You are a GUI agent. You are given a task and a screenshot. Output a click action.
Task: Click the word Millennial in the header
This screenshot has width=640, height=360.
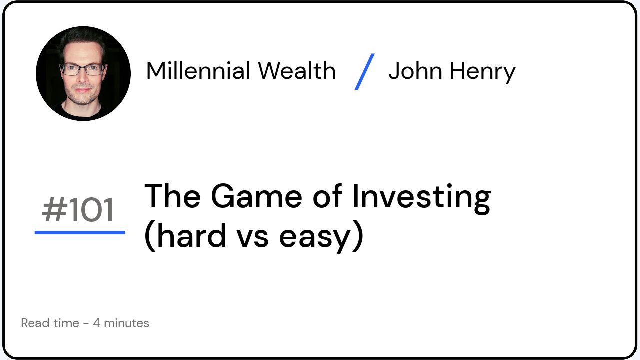click(x=198, y=71)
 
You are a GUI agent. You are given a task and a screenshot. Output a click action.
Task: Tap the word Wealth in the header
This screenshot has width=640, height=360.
click(x=297, y=71)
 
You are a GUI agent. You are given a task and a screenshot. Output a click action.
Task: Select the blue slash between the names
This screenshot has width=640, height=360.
click(x=364, y=71)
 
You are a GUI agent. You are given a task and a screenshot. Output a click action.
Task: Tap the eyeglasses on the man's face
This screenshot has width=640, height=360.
click(x=82, y=69)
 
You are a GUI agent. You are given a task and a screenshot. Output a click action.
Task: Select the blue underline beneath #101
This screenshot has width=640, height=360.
click(x=80, y=232)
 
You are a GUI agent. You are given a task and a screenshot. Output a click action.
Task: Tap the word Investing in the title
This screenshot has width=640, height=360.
click(x=421, y=197)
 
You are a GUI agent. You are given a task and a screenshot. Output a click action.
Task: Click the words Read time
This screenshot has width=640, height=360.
click(x=50, y=323)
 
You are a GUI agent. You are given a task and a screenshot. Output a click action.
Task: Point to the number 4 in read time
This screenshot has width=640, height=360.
click(x=96, y=323)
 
